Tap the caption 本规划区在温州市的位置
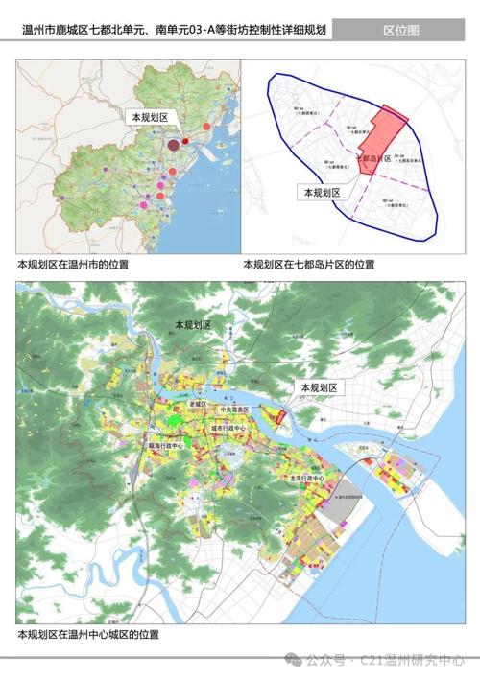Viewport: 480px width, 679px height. pos(73,263)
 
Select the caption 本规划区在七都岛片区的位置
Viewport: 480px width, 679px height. pos(308,263)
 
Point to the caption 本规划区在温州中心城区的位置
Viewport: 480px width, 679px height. pos(87,634)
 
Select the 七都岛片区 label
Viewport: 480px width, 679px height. pos(374,159)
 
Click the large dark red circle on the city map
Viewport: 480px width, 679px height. pos(173,146)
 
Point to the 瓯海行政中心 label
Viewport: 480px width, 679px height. pos(165,446)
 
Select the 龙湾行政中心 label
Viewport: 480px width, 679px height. pos(306,477)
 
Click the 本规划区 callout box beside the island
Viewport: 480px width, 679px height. pos(320,387)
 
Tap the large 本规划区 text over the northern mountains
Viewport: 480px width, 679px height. pos(192,327)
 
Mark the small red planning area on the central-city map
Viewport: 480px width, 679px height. pos(280,416)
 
